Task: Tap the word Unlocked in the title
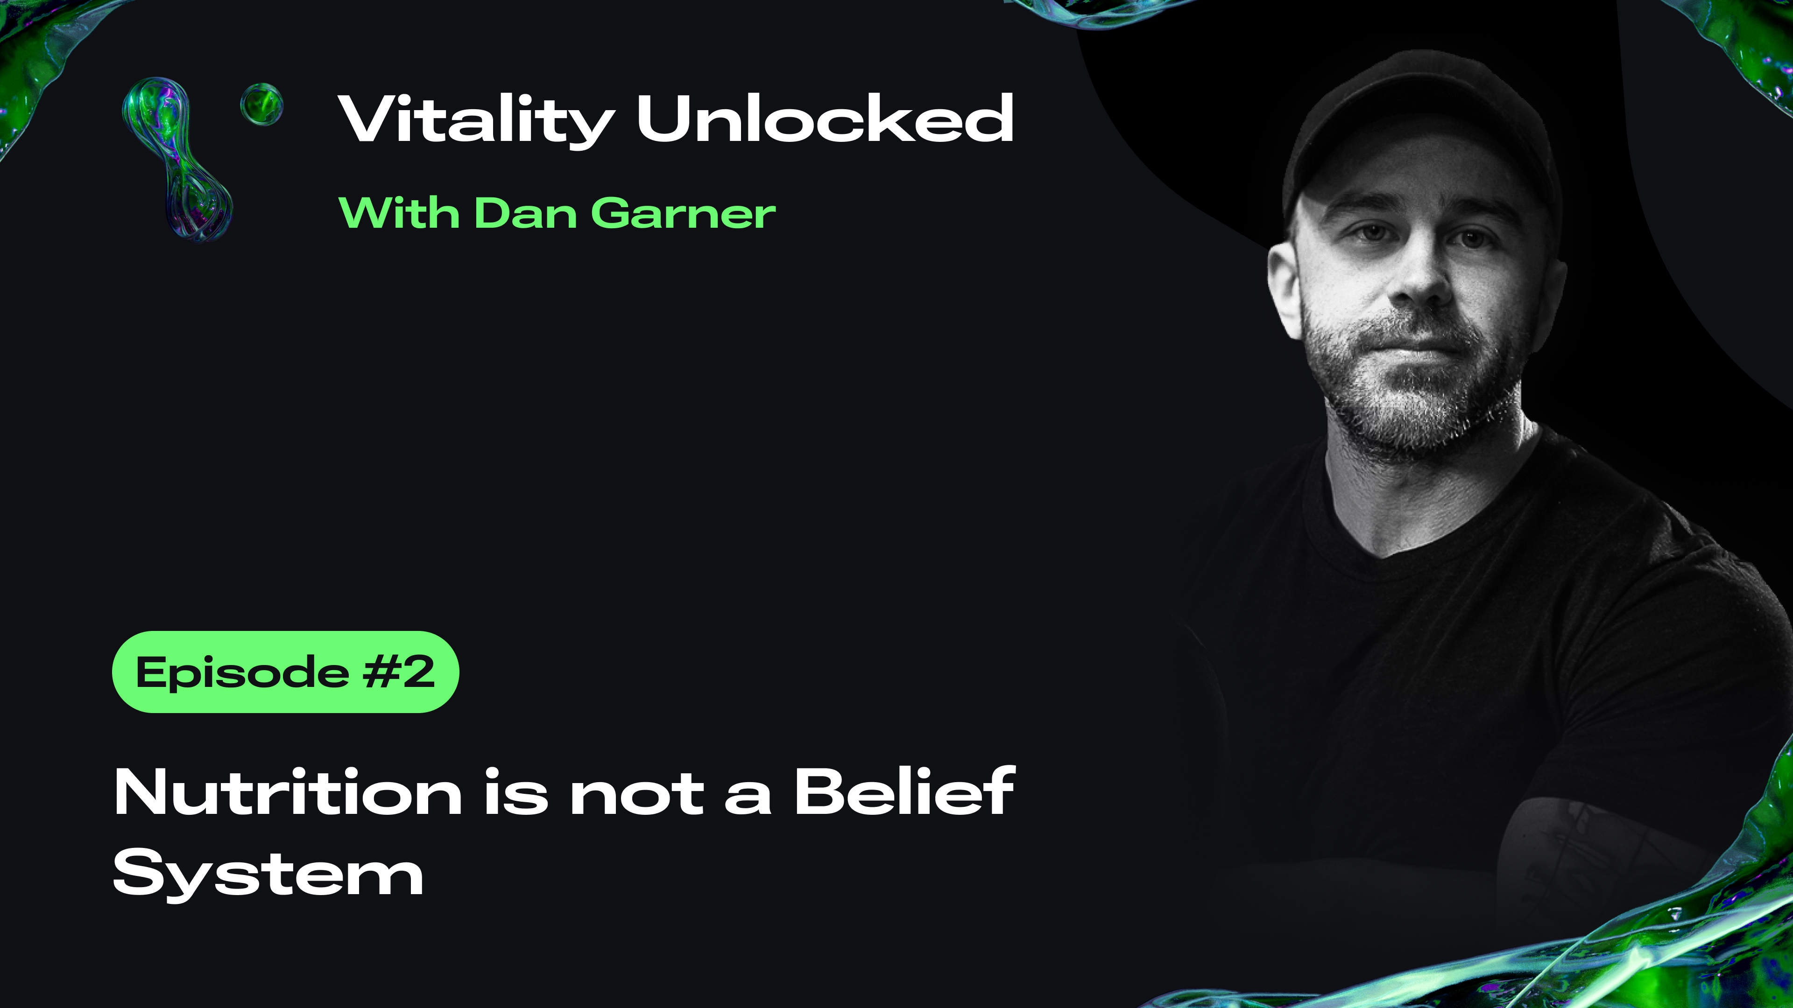tap(825, 118)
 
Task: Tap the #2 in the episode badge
tap(399, 672)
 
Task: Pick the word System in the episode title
tap(268, 874)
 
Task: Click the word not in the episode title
tap(636, 794)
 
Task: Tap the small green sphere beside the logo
tap(261, 105)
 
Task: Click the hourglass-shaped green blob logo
tap(177, 159)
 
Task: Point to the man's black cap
tap(1420, 125)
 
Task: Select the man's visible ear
tap(1284, 289)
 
